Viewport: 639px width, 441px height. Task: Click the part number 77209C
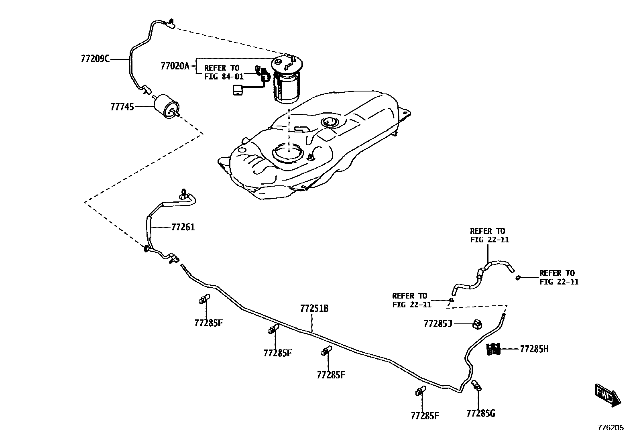click(95, 59)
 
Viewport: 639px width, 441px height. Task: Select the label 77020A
click(175, 66)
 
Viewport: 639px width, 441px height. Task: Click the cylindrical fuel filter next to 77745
click(165, 105)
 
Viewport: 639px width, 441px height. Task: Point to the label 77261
click(183, 227)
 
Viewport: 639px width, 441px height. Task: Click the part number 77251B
click(314, 309)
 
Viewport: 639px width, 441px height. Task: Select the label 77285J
click(438, 323)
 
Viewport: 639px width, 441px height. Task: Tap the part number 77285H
click(534, 349)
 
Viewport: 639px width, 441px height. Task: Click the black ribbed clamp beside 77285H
click(493, 349)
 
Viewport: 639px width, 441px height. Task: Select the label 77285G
click(481, 413)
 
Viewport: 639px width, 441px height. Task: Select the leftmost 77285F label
click(208, 323)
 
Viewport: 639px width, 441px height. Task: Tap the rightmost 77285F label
click(425, 416)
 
